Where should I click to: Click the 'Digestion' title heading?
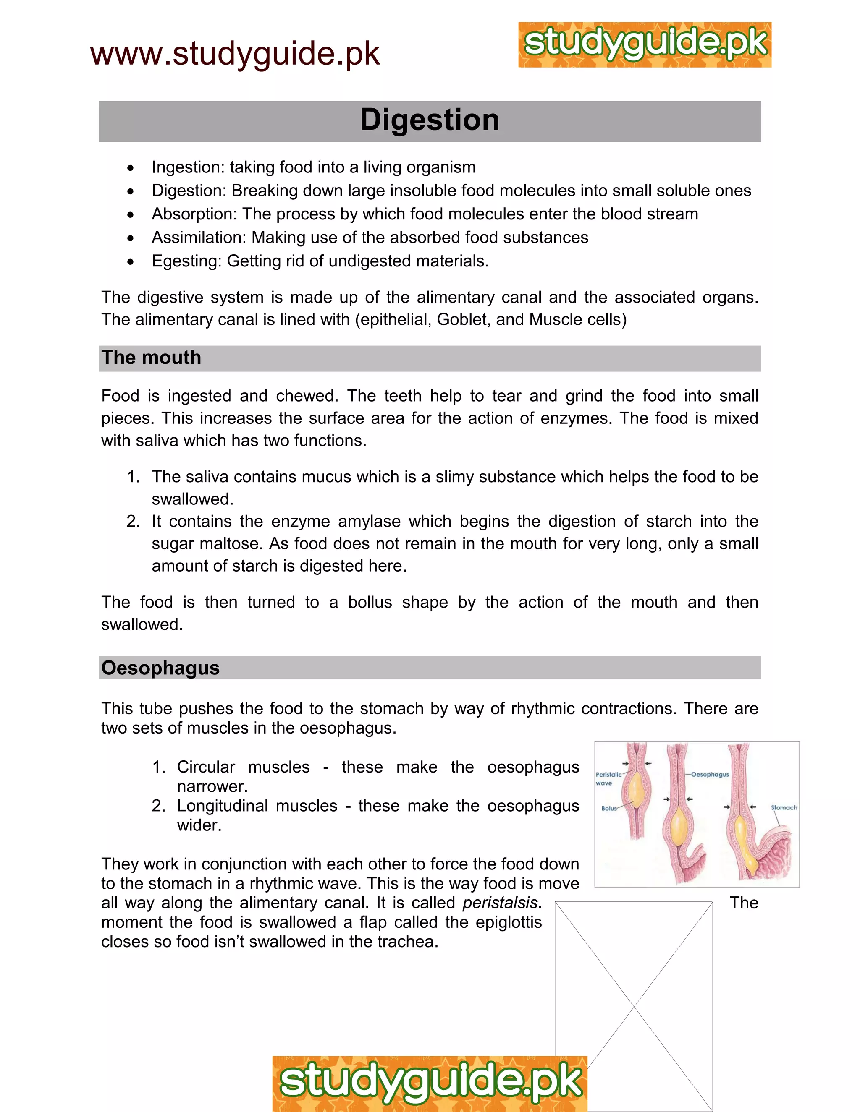coord(430,120)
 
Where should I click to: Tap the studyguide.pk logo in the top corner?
coord(645,45)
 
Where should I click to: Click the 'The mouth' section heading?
coord(151,358)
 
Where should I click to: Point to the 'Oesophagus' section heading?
coord(160,668)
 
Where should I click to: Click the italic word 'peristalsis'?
coord(500,903)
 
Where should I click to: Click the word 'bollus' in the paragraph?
coord(370,602)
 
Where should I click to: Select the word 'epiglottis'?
coord(509,922)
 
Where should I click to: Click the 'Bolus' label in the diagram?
coord(609,808)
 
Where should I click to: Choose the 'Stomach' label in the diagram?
coord(784,807)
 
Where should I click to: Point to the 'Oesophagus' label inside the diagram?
coord(710,775)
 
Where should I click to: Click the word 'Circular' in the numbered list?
coord(206,767)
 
